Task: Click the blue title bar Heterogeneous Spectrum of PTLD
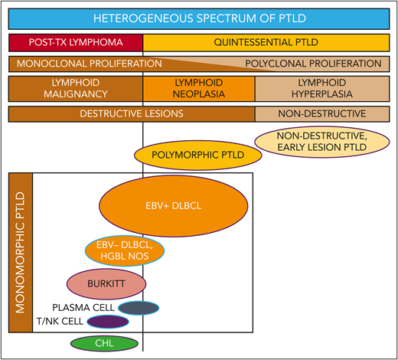tap(199, 16)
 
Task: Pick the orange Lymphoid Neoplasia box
tap(199, 88)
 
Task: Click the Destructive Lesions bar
tap(132, 114)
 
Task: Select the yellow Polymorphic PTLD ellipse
tap(198, 155)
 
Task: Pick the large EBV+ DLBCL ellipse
tap(175, 206)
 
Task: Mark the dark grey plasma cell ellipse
tap(138, 308)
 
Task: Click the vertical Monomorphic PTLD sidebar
tap(20, 253)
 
